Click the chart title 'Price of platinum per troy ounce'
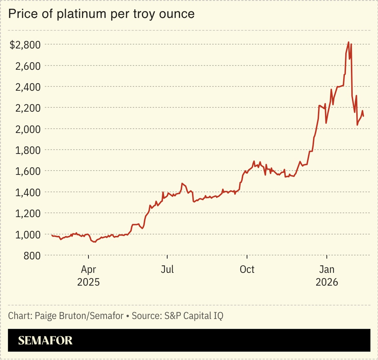pyautogui.click(x=101, y=14)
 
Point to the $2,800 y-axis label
pyautogui.click(x=25, y=45)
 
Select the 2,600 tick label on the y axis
pyautogui.click(x=28, y=66)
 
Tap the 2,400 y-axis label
pyautogui.click(x=28, y=87)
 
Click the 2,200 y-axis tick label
pyautogui.click(x=28, y=108)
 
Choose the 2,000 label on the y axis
pyautogui.click(x=28, y=129)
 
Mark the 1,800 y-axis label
pyautogui.click(x=28, y=150)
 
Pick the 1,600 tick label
pyautogui.click(x=28, y=171)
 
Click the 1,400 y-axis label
pyautogui.click(x=28, y=192)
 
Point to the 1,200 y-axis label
pyautogui.click(x=28, y=213)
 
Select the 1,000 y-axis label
pyautogui.click(x=28, y=235)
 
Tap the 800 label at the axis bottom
pyautogui.click(x=32, y=256)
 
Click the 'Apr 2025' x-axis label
pyautogui.click(x=88, y=276)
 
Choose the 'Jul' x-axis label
pyautogui.click(x=167, y=269)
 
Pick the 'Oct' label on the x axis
pyautogui.click(x=247, y=269)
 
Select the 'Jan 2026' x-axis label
pyautogui.click(x=327, y=276)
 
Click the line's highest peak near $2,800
pyautogui.click(x=348, y=42)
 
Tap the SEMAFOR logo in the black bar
pyautogui.click(x=45, y=340)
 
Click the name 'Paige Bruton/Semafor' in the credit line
pyautogui.click(x=79, y=316)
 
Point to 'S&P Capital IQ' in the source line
pyautogui.click(x=194, y=316)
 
